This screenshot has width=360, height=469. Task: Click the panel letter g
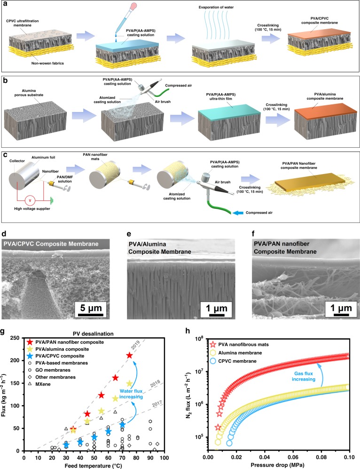click(x=5, y=331)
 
